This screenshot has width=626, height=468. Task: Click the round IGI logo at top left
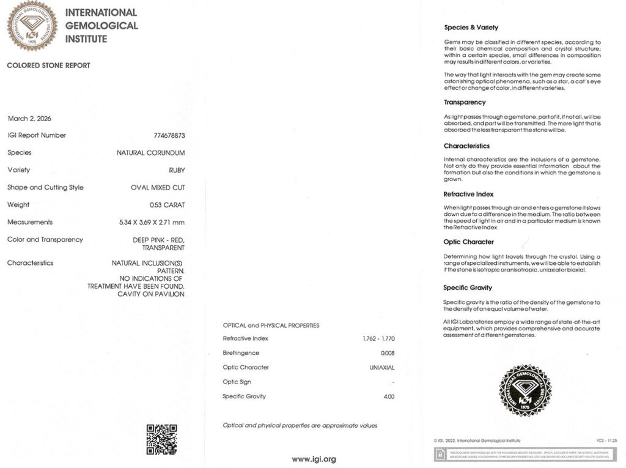(x=32, y=25)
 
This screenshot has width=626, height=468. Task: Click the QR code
(x=161, y=439)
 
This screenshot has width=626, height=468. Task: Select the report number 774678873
(x=169, y=135)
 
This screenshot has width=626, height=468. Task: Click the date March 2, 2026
(x=29, y=118)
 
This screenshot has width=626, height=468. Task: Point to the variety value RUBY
(x=177, y=170)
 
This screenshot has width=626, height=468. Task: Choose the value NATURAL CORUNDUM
(x=150, y=153)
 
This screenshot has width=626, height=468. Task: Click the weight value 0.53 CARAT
(x=167, y=205)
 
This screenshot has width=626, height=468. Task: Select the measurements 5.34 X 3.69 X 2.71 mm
(x=152, y=222)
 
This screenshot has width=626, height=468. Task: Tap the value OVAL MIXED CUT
(x=158, y=187)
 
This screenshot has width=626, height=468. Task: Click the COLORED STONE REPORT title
(x=48, y=65)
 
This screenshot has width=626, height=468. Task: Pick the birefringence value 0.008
(x=388, y=353)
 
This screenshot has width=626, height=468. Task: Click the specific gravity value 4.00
(x=389, y=396)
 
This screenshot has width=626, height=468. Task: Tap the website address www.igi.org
(x=314, y=459)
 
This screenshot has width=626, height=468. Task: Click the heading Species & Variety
(x=471, y=28)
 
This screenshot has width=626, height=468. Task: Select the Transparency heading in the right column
(x=465, y=102)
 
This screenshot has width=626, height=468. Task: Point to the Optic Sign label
(x=237, y=382)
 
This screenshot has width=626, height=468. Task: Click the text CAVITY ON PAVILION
(x=150, y=294)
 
